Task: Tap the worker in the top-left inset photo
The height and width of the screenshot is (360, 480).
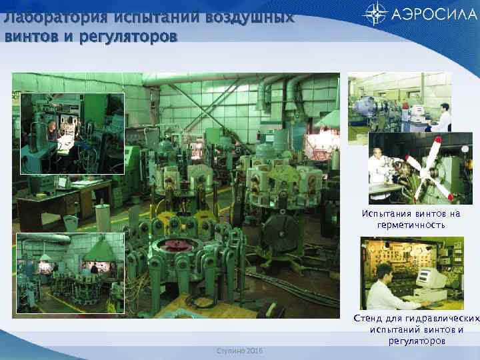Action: point(53,130)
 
